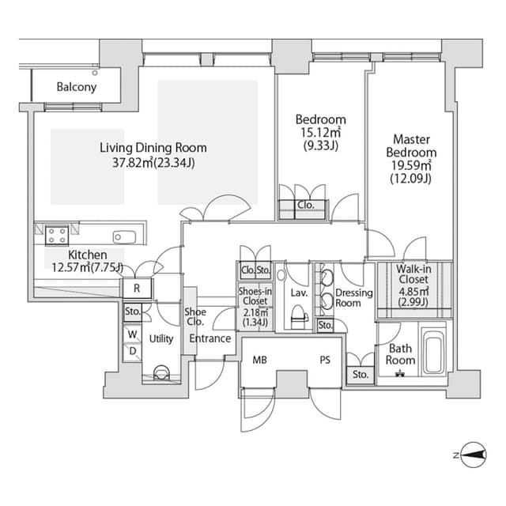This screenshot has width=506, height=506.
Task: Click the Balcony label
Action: point(77,87)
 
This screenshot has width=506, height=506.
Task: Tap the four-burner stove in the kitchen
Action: point(57,236)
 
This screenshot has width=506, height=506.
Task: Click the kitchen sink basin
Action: point(125,237)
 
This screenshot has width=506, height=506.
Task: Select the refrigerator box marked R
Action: point(137,288)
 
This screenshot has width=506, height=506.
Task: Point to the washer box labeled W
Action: point(132,334)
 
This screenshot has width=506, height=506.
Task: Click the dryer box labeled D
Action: point(132,351)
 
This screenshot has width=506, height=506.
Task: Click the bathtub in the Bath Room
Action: point(433,351)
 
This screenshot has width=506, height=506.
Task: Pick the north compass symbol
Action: point(473,455)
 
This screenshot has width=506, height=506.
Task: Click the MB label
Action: point(260,360)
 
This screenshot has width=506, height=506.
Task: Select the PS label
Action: point(325,360)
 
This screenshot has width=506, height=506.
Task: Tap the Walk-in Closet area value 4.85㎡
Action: point(413,291)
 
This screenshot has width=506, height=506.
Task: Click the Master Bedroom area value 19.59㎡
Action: point(411,165)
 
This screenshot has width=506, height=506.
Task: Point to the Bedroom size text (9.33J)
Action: point(321,145)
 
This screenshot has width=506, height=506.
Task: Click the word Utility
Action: point(161,338)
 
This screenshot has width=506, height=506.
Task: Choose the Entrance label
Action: point(210,338)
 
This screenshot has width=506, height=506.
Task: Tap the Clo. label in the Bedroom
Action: point(306,205)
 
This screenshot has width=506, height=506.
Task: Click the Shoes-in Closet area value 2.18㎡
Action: point(255,312)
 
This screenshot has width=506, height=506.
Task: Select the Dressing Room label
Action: point(353,297)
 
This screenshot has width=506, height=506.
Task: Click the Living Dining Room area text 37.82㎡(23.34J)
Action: point(153,163)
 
